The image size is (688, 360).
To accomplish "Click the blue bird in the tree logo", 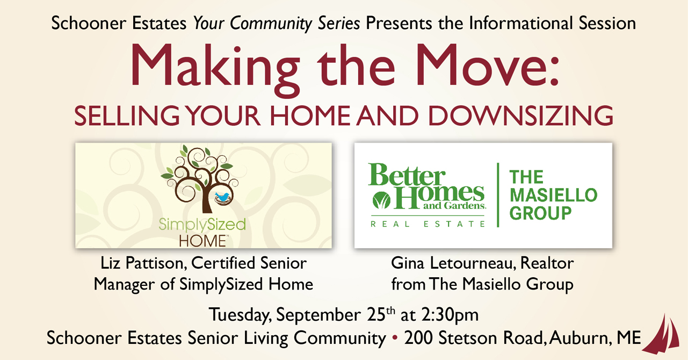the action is [222, 196].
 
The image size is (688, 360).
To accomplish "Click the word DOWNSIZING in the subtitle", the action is [520, 116].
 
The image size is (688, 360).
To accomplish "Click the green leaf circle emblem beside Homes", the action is [381, 200].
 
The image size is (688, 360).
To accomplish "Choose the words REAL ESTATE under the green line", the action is [428, 224].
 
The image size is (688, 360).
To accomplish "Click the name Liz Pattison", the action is [143, 263].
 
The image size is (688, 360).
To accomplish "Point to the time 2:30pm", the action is [450, 315].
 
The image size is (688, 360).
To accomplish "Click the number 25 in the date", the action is [376, 314].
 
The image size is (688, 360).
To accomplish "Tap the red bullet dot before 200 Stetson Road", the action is [395, 338].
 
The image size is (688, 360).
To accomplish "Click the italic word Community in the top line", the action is [271, 24].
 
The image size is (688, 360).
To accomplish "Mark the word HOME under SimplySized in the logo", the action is [203, 241].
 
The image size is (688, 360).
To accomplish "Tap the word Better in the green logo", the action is [407, 175].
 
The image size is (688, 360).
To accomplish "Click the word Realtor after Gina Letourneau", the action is [547, 263].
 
